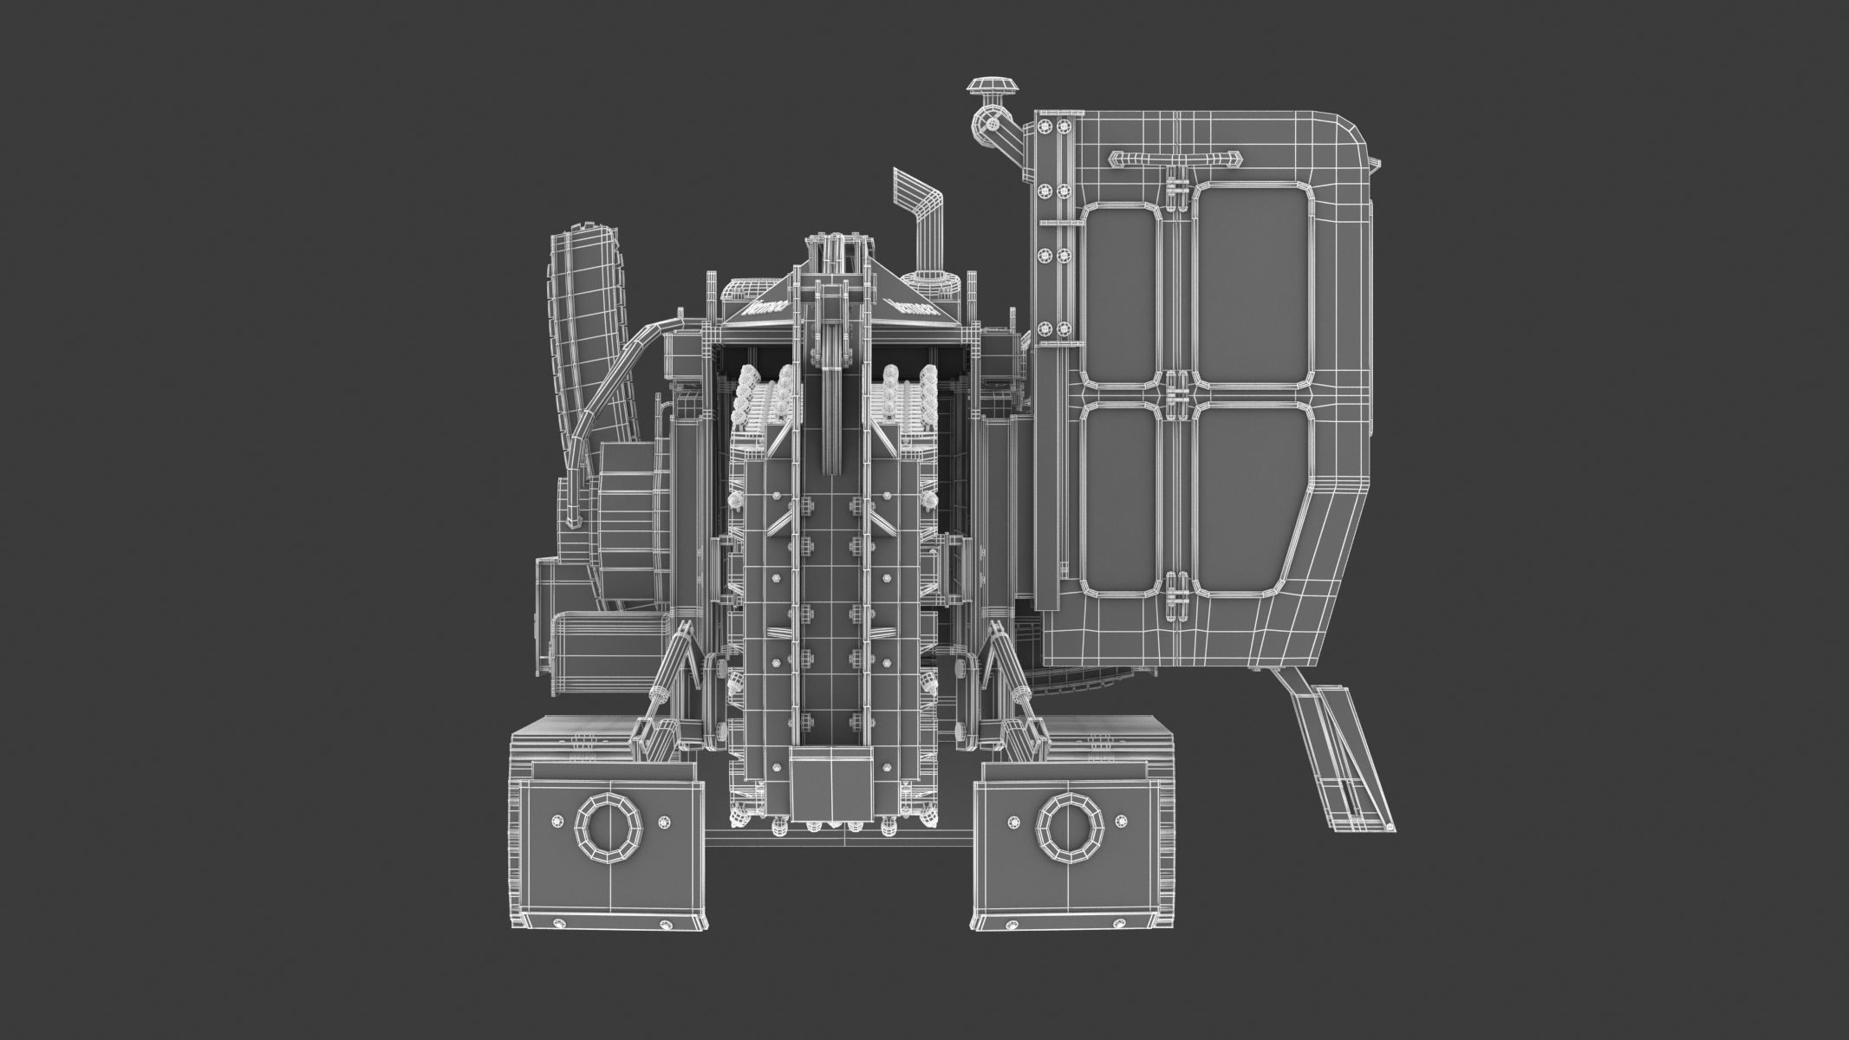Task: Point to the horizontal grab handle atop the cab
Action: click(x=1175, y=158)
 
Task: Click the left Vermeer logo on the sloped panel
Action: click(x=765, y=307)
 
